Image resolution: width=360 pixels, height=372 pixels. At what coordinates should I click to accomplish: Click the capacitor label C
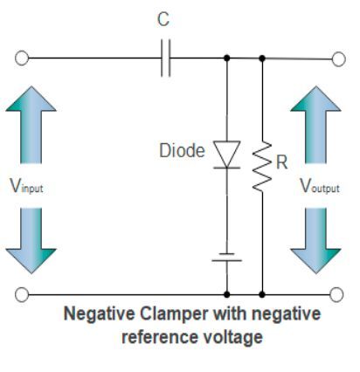point(163,19)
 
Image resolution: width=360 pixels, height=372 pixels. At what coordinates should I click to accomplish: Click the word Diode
point(183,150)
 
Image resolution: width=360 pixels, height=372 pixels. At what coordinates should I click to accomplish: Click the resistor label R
point(281,162)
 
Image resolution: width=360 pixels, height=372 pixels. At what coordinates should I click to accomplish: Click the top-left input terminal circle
point(23,59)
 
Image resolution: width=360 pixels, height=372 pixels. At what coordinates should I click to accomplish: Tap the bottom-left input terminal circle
point(23,293)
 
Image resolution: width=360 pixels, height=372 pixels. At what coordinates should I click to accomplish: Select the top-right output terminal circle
point(339,59)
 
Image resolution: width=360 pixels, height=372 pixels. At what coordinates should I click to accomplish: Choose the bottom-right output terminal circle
point(339,293)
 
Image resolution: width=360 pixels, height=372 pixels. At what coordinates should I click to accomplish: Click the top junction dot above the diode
point(228,59)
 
